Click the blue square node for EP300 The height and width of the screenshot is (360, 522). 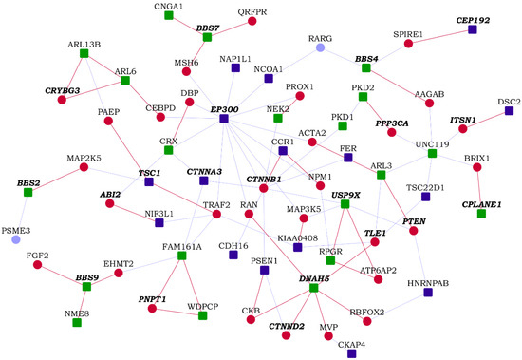224,119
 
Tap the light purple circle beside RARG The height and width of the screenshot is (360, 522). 321,47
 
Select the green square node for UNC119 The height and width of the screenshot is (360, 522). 431,153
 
